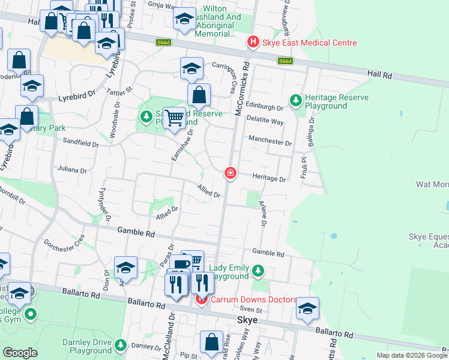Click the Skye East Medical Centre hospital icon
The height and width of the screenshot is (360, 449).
(x=253, y=43)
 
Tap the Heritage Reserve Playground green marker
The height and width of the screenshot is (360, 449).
(x=295, y=100)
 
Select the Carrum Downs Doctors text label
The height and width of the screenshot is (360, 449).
(x=253, y=299)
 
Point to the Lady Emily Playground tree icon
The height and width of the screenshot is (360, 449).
(x=258, y=271)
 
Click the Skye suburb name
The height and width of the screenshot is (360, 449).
(x=247, y=320)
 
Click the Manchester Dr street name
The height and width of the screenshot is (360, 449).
(x=270, y=143)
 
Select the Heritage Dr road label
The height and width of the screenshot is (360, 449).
(x=273, y=179)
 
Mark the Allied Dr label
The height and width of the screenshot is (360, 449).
(x=209, y=191)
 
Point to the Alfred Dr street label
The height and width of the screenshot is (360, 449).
(x=167, y=212)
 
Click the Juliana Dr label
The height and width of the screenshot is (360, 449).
(x=72, y=170)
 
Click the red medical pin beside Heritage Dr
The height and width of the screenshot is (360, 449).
(x=230, y=173)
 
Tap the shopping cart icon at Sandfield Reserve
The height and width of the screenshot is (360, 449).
(x=174, y=117)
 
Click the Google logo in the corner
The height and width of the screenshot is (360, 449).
(x=20, y=352)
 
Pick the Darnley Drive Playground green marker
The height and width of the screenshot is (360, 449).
(x=121, y=346)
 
